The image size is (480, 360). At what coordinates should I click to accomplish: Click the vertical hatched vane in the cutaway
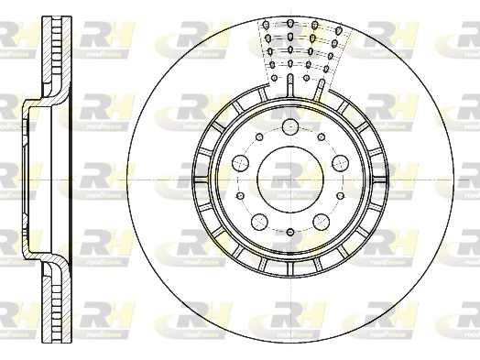pyautogui.click(x=290, y=86)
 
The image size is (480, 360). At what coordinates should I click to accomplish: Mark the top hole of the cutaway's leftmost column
pyautogui.click(x=266, y=25)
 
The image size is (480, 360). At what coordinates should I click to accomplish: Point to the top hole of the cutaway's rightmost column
pyautogui.click(x=314, y=25)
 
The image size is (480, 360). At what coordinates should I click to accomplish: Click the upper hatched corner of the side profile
pyautogui.click(x=42, y=95)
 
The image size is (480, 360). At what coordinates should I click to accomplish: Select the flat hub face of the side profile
pyautogui.click(x=25, y=180)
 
